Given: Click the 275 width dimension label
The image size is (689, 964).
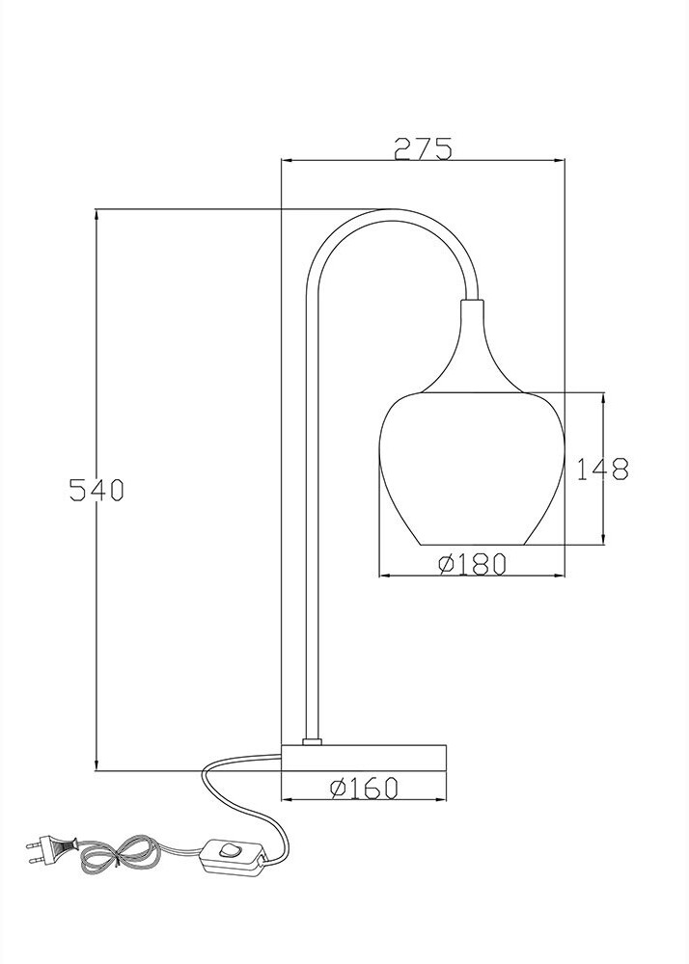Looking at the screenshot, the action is coord(423,148).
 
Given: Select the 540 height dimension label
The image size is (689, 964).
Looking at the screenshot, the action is coord(96,490).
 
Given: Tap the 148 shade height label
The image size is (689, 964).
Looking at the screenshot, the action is coord(603,469).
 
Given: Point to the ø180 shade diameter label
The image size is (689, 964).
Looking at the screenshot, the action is coord(473,564).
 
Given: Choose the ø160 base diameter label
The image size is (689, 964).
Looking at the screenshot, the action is coord(364,789).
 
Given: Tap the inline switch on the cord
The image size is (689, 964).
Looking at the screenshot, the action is coord(234,855).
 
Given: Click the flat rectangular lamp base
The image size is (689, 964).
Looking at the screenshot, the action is coord(364,758).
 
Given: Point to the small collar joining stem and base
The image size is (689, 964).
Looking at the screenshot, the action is coord(312,741).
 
